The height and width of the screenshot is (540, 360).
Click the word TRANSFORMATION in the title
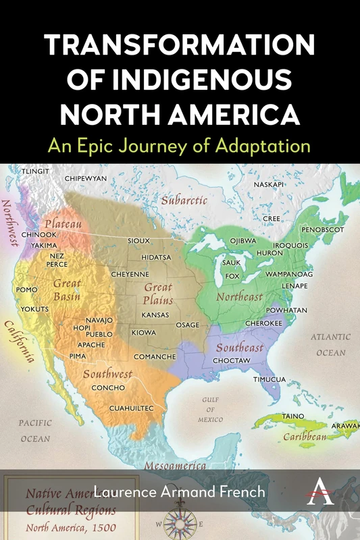[x=180, y=47]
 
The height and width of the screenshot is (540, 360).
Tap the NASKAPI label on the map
[x=269, y=184]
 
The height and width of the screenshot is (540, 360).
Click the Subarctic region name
[x=184, y=200]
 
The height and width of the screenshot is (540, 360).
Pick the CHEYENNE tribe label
[x=130, y=275]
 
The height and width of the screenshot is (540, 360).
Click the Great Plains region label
[x=158, y=294]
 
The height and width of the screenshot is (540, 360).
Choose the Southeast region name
[x=240, y=348]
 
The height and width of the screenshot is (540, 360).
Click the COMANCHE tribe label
[x=155, y=356]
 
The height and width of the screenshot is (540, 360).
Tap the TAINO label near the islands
[x=292, y=416]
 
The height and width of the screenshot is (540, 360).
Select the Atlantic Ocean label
[x=330, y=344]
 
